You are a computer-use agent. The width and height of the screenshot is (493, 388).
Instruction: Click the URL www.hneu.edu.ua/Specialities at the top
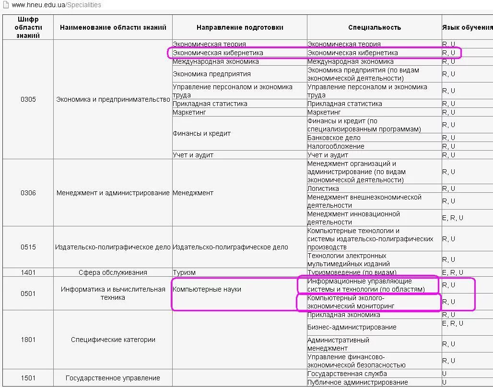pyautogui.click(x=56, y=5)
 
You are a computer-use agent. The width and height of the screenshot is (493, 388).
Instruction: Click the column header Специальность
pyautogui.click(x=374, y=27)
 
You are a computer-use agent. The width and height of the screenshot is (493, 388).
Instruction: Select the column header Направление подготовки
pyautogui.click(x=240, y=27)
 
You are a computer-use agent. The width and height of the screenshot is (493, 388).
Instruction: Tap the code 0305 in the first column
pyautogui.click(x=28, y=99)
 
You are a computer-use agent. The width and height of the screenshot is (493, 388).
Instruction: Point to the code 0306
pyautogui.click(x=28, y=193)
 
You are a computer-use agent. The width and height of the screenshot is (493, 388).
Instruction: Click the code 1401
pyautogui.click(x=28, y=272)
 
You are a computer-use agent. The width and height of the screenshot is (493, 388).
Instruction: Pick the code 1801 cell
pyautogui.click(x=28, y=340)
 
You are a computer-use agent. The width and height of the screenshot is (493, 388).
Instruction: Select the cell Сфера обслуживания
pyautogui.click(x=113, y=272)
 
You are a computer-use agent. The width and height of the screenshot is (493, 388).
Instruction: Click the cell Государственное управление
pyautogui.click(x=113, y=378)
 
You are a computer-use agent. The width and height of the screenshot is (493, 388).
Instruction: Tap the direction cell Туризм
pyautogui.click(x=184, y=272)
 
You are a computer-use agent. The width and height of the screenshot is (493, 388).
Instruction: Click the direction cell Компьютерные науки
pyautogui.click(x=207, y=289)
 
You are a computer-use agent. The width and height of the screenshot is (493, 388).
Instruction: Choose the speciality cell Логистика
pyautogui.click(x=323, y=188)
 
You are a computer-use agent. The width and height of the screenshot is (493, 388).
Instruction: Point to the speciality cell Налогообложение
pyautogui.click(x=336, y=146)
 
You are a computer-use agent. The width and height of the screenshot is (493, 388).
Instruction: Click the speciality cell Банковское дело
pyautogui.click(x=334, y=138)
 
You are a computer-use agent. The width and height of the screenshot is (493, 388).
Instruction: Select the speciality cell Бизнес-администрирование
pyautogui.click(x=352, y=327)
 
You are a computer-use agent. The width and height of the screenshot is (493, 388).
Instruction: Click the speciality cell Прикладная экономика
pyautogui.click(x=344, y=315)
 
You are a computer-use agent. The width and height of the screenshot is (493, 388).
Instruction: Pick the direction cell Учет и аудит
pyautogui.click(x=193, y=155)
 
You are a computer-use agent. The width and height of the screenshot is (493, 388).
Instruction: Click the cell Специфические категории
pyautogui.click(x=113, y=340)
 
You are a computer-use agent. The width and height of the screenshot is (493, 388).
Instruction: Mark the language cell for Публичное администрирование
pyautogui.click(x=445, y=382)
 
